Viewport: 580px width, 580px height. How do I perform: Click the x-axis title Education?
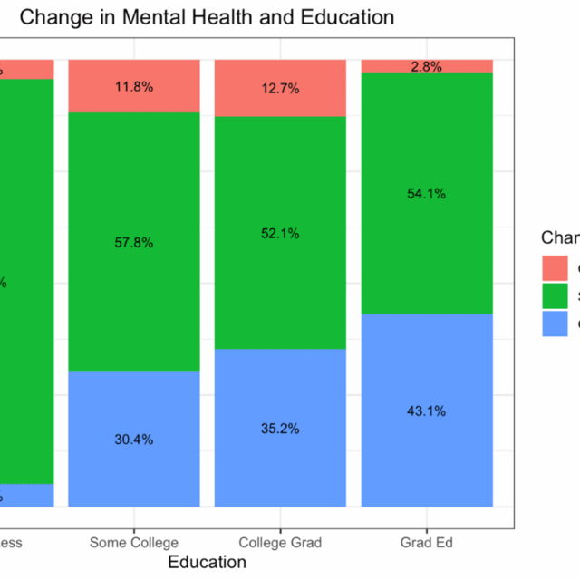pyautogui.click(x=207, y=562)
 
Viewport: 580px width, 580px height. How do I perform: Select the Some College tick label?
pyautogui.click(x=134, y=543)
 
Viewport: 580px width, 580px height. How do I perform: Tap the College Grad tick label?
pyautogui.click(x=280, y=543)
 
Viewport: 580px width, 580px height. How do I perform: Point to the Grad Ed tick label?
pyautogui.click(x=426, y=543)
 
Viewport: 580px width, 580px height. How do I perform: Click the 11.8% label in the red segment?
pyautogui.click(x=134, y=87)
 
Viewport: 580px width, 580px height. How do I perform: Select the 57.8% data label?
pyautogui.click(x=134, y=243)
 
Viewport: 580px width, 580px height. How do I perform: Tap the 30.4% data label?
pyautogui.click(x=134, y=440)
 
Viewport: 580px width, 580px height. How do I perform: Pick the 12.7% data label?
pyautogui.click(x=280, y=89)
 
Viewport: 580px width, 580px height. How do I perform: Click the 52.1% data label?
pyautogui.click(x=280, y=233)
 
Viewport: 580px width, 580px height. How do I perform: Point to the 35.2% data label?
pyautogui.click(x=280, y=429)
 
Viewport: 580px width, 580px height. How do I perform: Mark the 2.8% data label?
pyautogui.click(x=426, y=67)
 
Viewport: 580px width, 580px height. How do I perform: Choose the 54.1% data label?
pyautogui.click(x=426, y=193)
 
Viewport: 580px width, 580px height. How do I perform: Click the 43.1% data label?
pyautogui.click(x=426, y=411)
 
